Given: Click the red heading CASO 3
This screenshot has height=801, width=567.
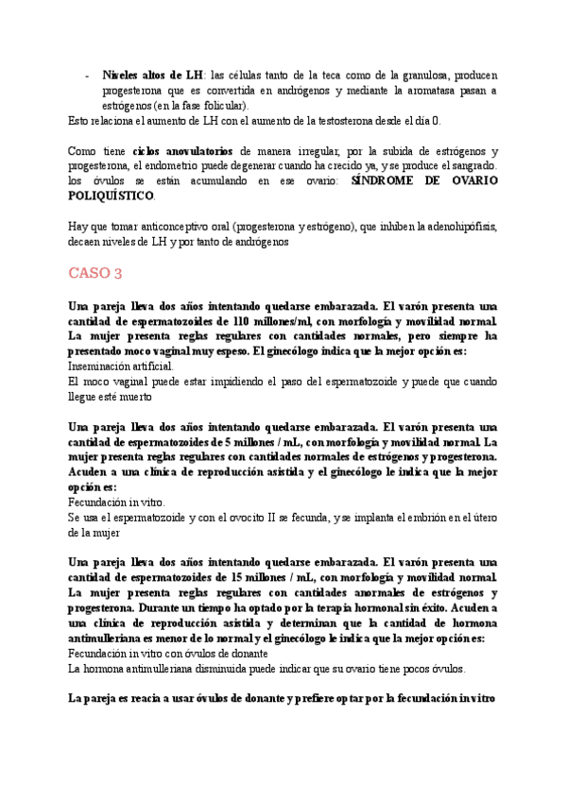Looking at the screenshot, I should pos(95,274).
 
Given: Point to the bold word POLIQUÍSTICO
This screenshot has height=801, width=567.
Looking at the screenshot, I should pos(112,196).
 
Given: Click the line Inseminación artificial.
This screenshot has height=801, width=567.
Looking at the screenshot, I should pos(121,365).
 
